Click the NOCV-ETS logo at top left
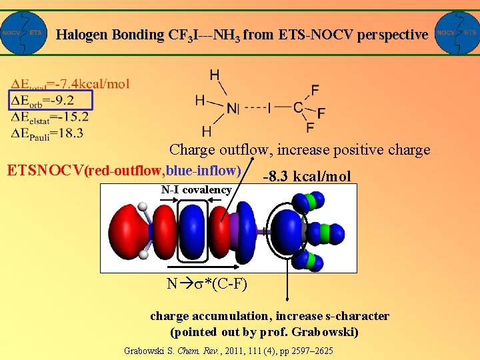tap(24, 33)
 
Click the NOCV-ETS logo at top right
tap(456, 33)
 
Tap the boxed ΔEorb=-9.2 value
tap(51, 101)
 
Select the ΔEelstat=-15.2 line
tap(50, 117)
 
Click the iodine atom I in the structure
tap(269, 107)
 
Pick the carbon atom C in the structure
tap(298, 107)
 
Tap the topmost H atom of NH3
tap(215, 75)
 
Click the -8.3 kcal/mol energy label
tap(307, 177)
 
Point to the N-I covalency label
tap(196, 190)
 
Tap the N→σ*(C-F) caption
tap(207, 284)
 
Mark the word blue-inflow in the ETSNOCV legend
tap(203, 169)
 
